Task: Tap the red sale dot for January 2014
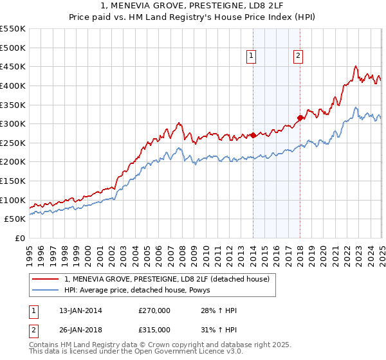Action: (x=253, y=135)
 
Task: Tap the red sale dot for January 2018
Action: (x=300, y=118)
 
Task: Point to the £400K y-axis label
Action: (x=13, y=85)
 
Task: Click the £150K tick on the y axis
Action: (x=13, y=181)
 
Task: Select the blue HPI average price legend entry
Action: (x=142, y=290)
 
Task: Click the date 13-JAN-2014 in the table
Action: (x=77, y=310)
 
